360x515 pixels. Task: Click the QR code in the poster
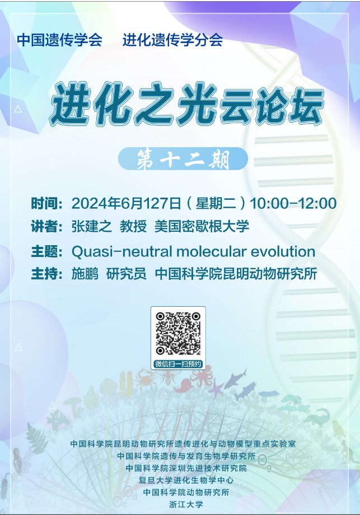178,334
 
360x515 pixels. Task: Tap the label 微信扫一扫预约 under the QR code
178,364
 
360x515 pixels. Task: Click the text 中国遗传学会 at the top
59,40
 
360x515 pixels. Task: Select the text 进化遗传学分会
173,40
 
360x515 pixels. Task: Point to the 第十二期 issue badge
183,158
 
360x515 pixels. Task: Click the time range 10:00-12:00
293,203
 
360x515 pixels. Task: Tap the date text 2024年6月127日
126,203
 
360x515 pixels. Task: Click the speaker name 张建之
92,227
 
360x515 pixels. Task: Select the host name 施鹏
85,274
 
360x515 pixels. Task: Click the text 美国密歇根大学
202,227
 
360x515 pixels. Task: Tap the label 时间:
46,203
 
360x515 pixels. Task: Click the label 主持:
46,274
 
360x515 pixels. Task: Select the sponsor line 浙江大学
186,504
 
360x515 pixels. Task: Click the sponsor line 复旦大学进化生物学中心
186,480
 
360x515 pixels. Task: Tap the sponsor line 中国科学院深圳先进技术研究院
186,468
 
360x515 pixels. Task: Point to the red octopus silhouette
201,376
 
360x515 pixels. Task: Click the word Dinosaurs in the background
299,456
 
